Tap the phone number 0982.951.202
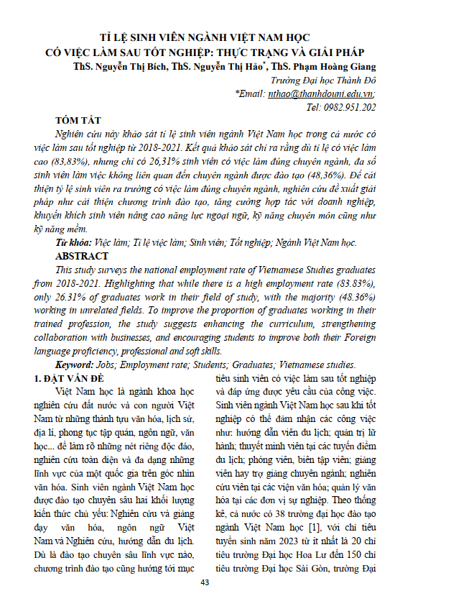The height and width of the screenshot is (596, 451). (x=350, y=107)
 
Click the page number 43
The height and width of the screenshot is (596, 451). (x=225, y=582)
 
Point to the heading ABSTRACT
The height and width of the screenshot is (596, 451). (x=82, y=256)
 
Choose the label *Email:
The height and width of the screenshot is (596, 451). (x=251, y=93)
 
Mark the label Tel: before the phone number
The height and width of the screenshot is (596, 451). (x=314, y=107)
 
